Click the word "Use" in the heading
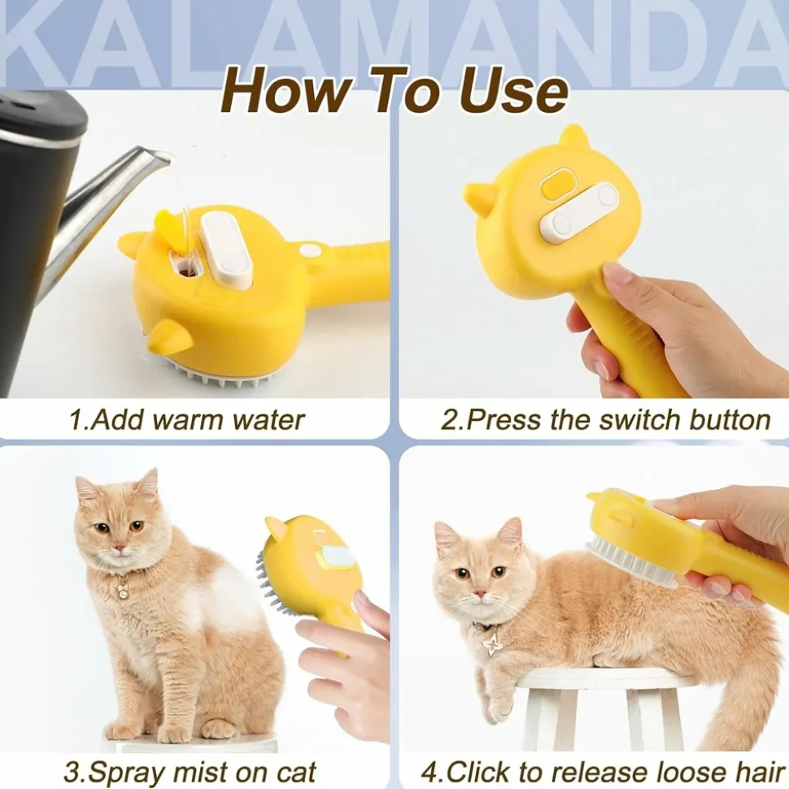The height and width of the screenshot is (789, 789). (x=513, y=90)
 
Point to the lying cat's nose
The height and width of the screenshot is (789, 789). (x=480, y=593)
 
